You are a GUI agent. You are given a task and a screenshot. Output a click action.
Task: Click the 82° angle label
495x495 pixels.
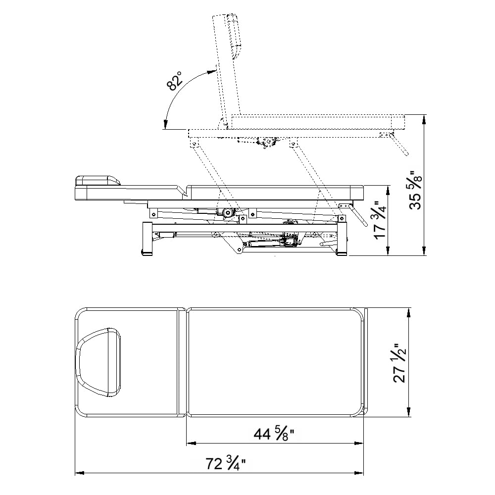pyautogui.click(x=174, y=81)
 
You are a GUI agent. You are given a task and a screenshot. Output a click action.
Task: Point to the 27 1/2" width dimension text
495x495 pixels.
pyautogui.click(x=399, y=363)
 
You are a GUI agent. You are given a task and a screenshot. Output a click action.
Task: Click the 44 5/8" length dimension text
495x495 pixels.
pyautogui.click(x=274, y=434)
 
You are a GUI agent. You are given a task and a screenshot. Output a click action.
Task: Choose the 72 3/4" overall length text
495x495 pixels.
pyautogui.click(x=226, y=463)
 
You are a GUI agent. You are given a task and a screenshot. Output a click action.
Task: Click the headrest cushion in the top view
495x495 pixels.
pyautogui.click(x=99, y=362)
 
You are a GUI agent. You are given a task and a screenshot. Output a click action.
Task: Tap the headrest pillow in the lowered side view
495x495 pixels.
pyautogui.click(x=98, y=181)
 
